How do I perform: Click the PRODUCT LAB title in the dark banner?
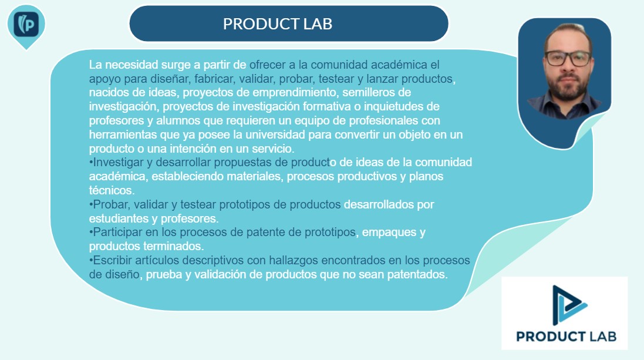[x=278, y=24]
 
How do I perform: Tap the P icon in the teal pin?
[x=26, y=24]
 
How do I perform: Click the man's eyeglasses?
[x=568, y=58]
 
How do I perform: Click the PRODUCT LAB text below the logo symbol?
[x=567, y=337]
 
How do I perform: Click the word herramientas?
[x=117, y=134]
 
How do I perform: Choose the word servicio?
[x=273, y=149]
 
